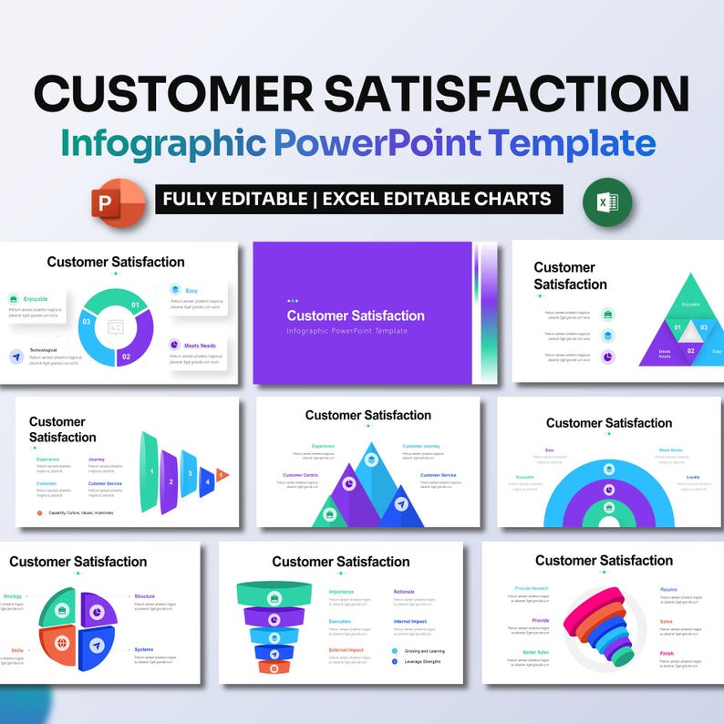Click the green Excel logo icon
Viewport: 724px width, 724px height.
608,202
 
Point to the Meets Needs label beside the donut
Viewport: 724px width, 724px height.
199,345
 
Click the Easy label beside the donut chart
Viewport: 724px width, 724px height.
191,291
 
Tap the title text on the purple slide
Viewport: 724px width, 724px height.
356,315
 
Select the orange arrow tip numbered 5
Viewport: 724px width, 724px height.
222,475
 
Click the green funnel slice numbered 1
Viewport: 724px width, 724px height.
150,471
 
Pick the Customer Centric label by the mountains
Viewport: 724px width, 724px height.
300,475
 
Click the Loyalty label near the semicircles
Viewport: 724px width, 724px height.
693,477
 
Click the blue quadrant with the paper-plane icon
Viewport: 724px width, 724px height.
96,646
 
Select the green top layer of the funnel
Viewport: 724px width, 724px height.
274,595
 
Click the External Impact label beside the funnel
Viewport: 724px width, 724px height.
346,650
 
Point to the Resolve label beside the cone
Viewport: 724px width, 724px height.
668,589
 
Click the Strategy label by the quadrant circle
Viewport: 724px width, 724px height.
13,596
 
